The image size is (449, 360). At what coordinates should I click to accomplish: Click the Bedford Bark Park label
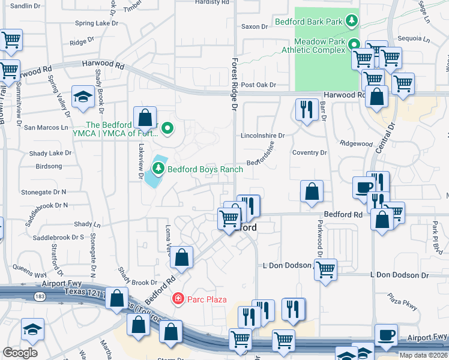(308, 22)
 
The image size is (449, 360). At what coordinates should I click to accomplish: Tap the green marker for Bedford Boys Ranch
(158, 169)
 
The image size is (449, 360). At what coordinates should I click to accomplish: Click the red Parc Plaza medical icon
(177, 298)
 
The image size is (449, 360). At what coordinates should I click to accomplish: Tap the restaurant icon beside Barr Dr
(306, 109)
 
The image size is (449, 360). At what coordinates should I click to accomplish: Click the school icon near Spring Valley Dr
(83, 97)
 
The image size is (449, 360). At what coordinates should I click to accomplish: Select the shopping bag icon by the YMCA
(145, 116)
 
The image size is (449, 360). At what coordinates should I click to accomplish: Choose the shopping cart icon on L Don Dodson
(325, 269)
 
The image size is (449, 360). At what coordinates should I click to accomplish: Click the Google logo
(20, 352)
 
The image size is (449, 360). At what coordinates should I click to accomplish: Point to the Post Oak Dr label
(258, 85)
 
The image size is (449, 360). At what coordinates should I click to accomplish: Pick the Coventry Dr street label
(309, 153)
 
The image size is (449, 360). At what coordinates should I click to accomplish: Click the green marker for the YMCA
(168, 128)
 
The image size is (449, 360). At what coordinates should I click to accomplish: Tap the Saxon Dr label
(254, 26)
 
